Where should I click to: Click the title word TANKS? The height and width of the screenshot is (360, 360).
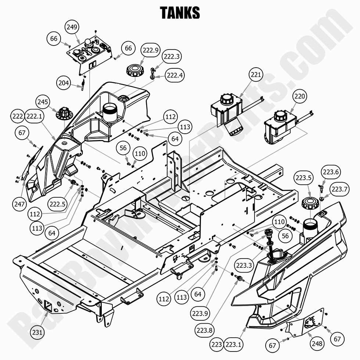tap(180, 12)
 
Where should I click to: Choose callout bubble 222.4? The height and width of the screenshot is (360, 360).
tap(175, 75)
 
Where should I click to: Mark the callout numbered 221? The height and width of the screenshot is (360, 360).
tap(256, 75)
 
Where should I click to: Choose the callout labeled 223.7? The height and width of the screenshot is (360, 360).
tap(339, 189)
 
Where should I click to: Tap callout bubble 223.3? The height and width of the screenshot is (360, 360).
tap(244, 265)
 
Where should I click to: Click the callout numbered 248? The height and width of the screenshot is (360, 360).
tap(317, 343)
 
